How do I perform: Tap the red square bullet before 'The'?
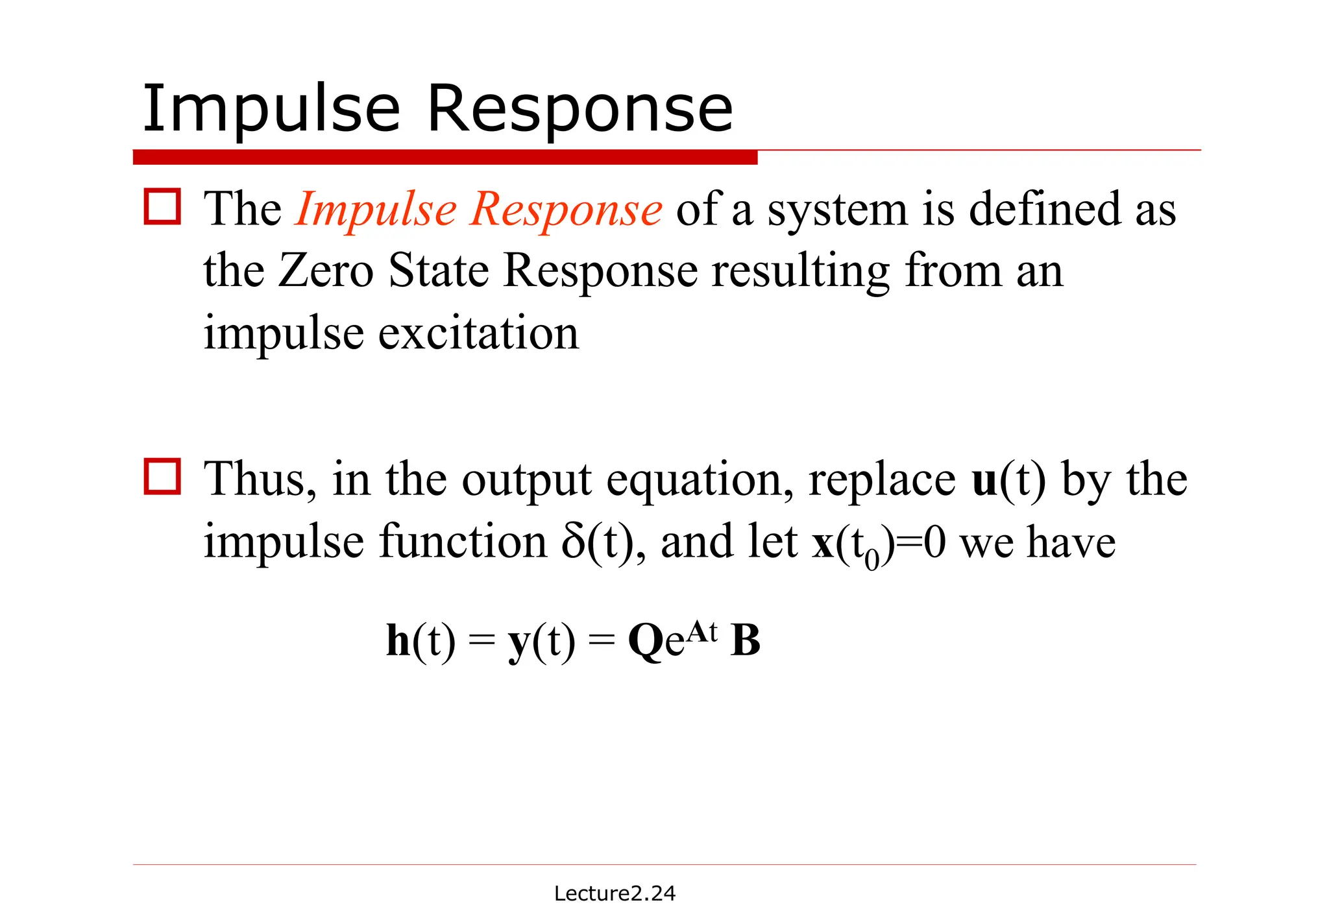[162, 207]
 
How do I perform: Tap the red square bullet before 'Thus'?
[162, 477]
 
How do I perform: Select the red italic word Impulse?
[376, 210]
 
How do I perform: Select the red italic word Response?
[567, 210]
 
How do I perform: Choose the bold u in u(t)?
[986, 480]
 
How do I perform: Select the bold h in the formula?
[398, 640]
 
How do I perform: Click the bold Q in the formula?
[646, 642]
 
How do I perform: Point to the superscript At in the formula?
[702, 630]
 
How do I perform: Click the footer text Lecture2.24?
[615, 893]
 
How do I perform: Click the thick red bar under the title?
[445, 157]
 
